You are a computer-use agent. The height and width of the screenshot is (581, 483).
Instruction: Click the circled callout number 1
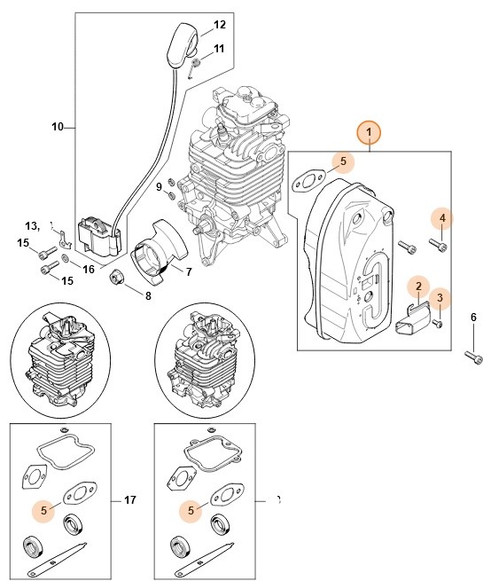coord(370,134)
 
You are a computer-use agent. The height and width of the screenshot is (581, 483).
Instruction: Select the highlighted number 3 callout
coord(441,297)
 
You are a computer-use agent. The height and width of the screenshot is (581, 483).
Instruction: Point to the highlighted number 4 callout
coord(441,217)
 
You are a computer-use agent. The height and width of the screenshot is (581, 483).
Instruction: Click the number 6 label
coord(473,317)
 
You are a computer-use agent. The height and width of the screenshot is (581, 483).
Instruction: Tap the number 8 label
coord(148,295)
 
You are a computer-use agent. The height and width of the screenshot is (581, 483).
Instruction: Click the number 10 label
coord(58,127)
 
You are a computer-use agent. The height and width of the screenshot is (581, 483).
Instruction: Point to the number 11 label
coord(219,48)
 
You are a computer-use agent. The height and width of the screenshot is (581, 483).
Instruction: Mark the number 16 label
coord(89,269)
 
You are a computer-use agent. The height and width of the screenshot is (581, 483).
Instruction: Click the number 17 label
coord(130,501)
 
